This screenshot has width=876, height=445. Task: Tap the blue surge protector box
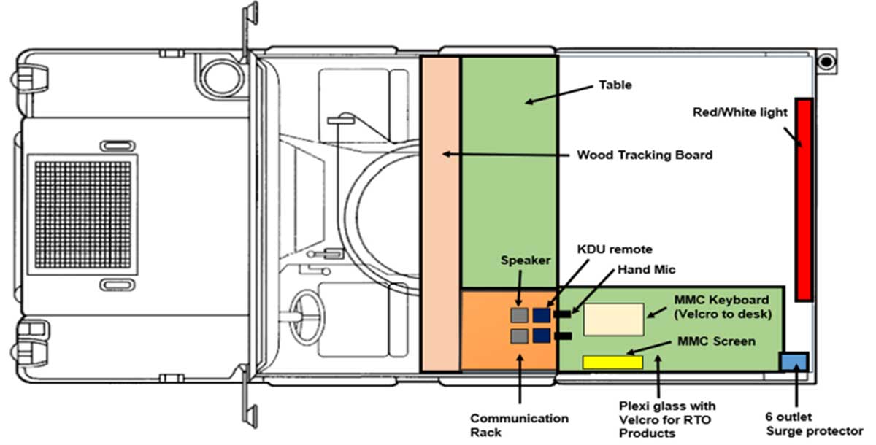coord(794,360)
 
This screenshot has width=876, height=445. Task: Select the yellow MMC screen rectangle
coord(612,362)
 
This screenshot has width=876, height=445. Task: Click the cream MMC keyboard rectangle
coord(614,320)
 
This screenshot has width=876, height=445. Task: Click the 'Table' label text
coord(615,85)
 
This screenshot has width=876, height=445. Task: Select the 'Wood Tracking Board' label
coord(645,155)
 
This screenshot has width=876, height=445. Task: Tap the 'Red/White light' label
coord(739,112)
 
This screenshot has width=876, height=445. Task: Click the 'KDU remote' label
coord(605,249)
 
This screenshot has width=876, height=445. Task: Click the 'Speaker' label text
coord(526,261)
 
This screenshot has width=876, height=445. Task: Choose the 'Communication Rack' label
coord(519,425)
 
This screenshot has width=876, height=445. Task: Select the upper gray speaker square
coord(519,315)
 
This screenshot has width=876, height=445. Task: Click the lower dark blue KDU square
coord(542,336)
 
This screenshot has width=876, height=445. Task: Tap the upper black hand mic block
coord(563,314)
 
